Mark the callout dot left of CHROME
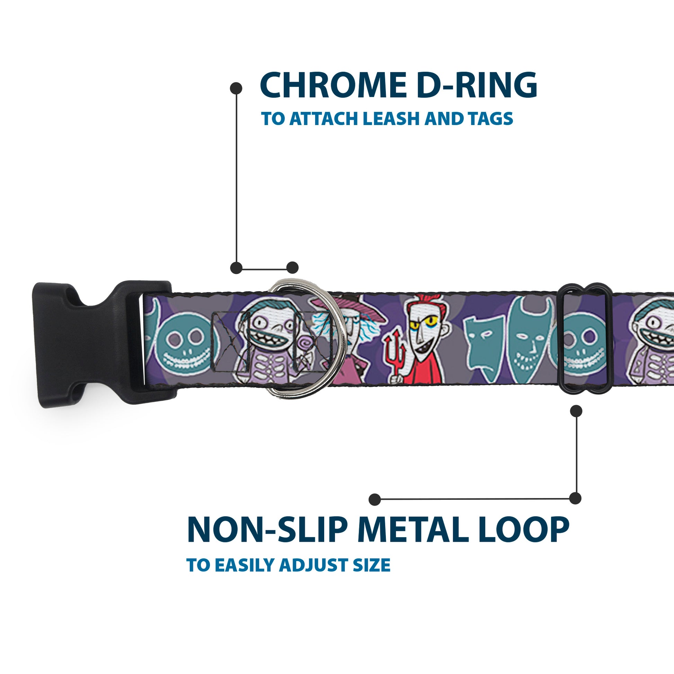point(236,88)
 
